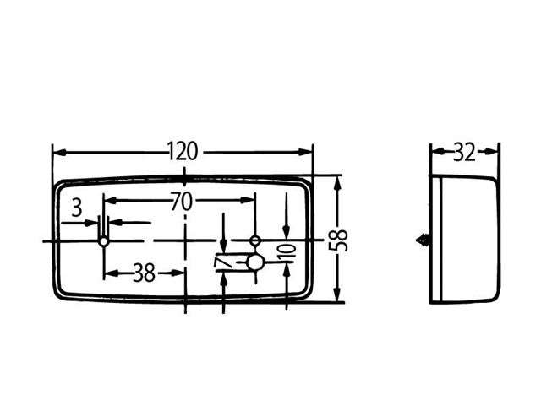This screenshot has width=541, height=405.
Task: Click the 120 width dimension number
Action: coord(183,151)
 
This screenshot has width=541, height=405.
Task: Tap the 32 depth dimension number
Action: coord(464,153)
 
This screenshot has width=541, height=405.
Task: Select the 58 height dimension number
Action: coord(338,240)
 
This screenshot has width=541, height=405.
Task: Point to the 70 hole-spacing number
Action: coord(182,202)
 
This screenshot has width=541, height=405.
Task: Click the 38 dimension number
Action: coord(145,273)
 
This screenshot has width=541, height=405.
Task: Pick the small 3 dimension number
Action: coord(77,208)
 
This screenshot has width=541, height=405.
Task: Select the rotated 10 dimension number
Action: coord(288,253)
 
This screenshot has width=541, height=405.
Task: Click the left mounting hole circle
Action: coord(103,241)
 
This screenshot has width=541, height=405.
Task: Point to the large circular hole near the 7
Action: coord(255,263)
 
